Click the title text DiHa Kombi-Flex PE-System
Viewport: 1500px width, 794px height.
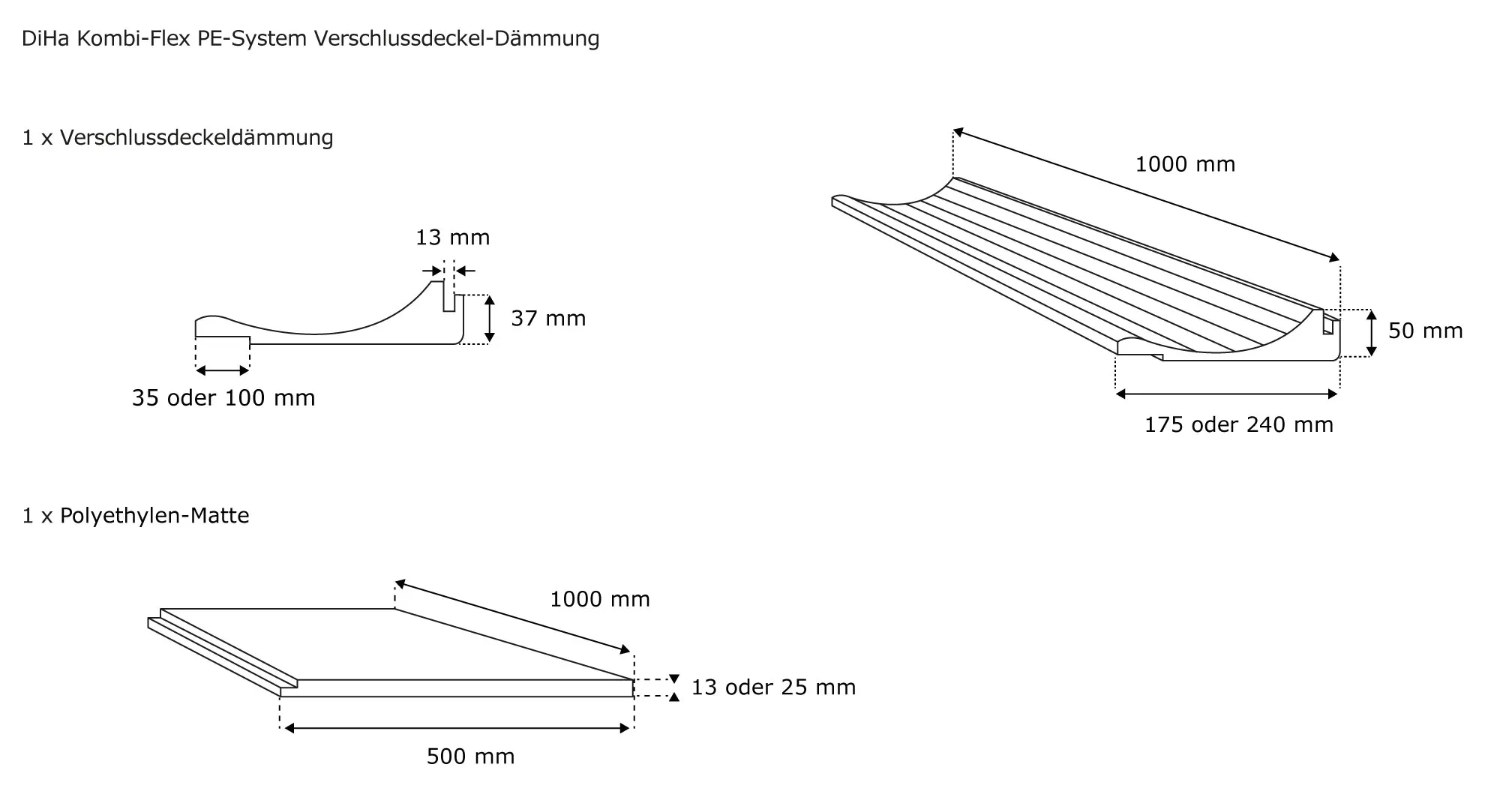(x=164, y=39)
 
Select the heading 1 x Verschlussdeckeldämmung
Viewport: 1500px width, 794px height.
(x=178, y=138)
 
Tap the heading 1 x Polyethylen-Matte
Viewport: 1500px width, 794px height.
(x=136, y=516)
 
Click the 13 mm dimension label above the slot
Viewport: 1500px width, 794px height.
(x=453, y=238)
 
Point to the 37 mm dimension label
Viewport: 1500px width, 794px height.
(x=548, y=319)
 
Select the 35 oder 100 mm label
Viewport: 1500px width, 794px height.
(x=223, y=398)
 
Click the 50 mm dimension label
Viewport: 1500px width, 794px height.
(x=1426, y=331)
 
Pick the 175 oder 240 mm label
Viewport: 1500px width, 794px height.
(x=1239, y=425)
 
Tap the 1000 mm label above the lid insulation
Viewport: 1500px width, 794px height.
(x=1185, y=164)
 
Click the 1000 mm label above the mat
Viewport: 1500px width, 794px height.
(x=600, y=599)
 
